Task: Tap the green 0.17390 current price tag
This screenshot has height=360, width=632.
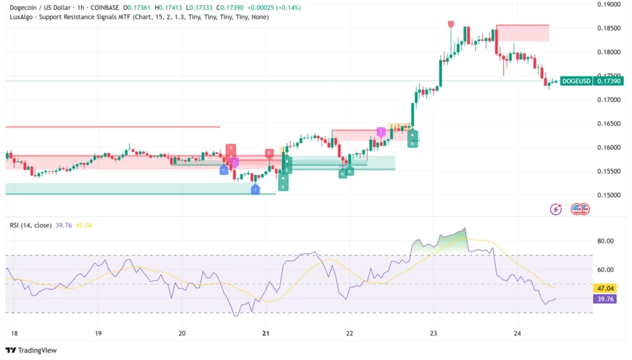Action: point(609,82)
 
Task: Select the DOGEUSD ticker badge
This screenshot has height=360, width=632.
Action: point(576,82)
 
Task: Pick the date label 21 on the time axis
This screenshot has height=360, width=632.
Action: point(266,333)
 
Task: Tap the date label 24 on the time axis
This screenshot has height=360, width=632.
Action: point(517,333)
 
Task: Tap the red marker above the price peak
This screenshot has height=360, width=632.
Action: point(451,23)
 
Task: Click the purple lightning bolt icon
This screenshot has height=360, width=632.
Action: point(556,209)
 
